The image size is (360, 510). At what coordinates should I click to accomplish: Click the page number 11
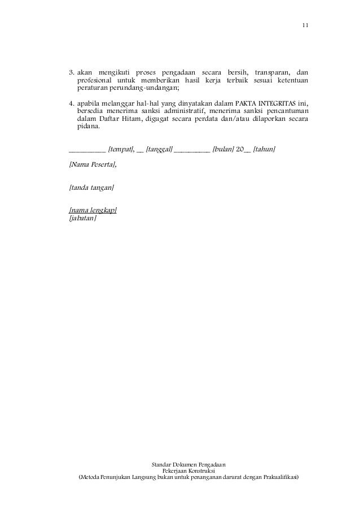pyautogui.click(x=305, y=25)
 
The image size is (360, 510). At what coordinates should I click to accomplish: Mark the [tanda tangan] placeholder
pyautogui.click(x=91, y=187)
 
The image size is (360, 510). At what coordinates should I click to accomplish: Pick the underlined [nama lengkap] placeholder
pyautogui.click(x=93, y=210)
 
